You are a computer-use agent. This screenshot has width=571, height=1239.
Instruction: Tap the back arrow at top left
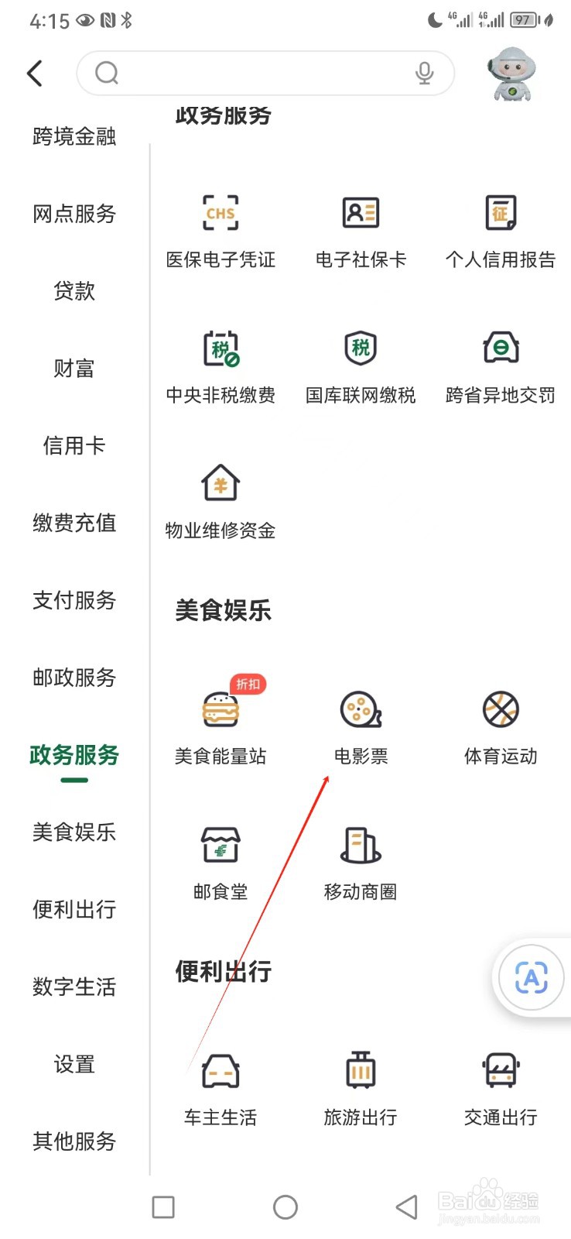click(x=35, y=74)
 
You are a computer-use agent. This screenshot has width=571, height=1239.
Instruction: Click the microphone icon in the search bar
click(x=424, y=74)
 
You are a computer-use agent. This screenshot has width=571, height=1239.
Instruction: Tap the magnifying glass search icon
click(x=107, y=74)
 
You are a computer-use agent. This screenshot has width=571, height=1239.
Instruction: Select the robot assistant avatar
click(x=511, y=74)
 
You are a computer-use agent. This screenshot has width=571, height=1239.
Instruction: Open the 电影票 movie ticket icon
click(x=361, y=709)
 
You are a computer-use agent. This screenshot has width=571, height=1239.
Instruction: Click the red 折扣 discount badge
click(x=248, y=685)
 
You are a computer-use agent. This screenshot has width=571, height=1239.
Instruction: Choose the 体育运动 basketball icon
click(x=501, y=709)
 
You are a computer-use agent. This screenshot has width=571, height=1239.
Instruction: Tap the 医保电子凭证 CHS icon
click(x=221, y=213)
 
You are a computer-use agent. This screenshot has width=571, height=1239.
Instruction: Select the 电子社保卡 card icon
click(x=361, y=213)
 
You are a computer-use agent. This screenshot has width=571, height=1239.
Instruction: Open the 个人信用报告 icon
click(x=501, y=213)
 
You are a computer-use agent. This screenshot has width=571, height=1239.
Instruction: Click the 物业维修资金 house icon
click(x=221, y=484)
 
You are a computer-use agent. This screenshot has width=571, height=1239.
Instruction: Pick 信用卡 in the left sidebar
click(x=74, y=445)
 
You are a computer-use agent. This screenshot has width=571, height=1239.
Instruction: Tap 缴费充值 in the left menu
click(x=74, y=523)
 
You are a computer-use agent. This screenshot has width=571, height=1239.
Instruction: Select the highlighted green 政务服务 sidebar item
click(x=74, y=755)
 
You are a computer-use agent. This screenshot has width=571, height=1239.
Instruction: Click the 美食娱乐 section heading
click(x=223, y=611)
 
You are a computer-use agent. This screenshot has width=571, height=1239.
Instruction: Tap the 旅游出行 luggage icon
click(x=361, y=1071)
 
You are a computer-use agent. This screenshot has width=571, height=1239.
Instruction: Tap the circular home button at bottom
click(x=285, y=1207)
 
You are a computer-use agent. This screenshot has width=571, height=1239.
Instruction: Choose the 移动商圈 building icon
click(x=361, y=845)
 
